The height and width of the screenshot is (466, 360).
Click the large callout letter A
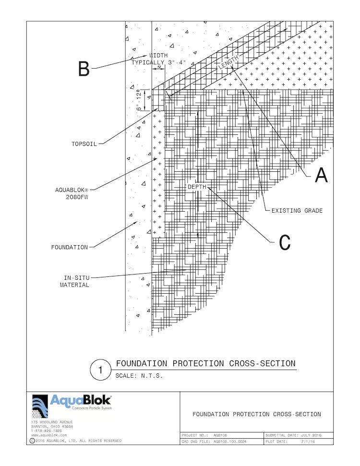pyautogui.click(x=321, y=176)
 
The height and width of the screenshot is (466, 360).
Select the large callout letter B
pyautogui.click(x=84, y=70)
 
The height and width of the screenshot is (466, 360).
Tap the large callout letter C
pyautogui.click(x=285, y=243)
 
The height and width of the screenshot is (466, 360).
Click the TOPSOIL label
pyautogui.click(x=84, y=143)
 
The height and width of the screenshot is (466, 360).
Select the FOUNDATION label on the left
pyautogui.click(x=70, y=248)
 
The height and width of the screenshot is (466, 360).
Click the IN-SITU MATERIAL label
pyautogui.click(x=74, y=281)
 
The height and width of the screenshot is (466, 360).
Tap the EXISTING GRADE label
pyautogui.click(x=297, y=211)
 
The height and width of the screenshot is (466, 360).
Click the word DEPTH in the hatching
pyautogui.click(x=197, y=187)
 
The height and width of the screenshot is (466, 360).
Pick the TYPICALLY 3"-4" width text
pyautogui.click(x=159, y=62)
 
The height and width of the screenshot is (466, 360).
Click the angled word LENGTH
pyautogui.click(x=228, y=64)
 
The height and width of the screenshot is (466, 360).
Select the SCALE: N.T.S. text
pyautogui.click(x=139, y=376)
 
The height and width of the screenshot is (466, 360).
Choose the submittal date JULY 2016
pyautogui.click(x=311, y=435)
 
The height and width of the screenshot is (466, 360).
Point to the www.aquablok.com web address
pyautogui.click(x=49, y=435)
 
